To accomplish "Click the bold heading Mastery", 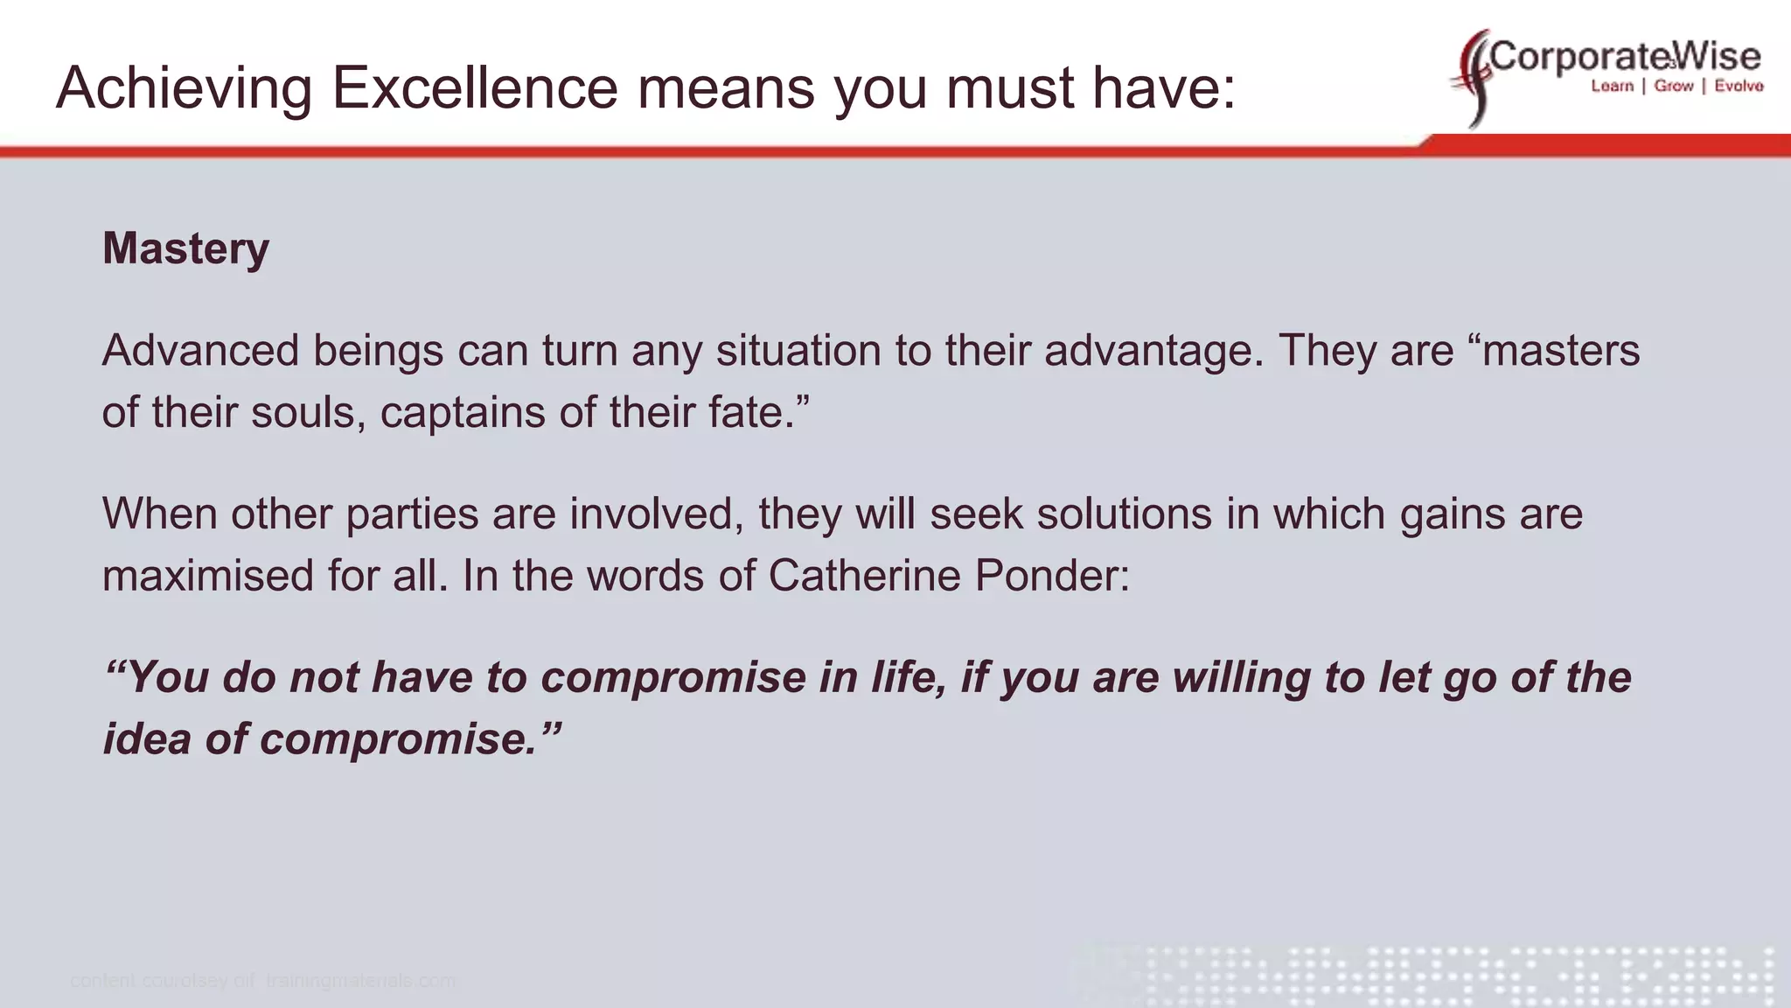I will click(x=185, y=248).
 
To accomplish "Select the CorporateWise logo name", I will click(x=1625, y=57).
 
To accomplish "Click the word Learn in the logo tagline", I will click(x=1612, y=86).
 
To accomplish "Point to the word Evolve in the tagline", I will click(x=1739, y=86).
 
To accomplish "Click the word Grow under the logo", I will click(x=1674, y=86).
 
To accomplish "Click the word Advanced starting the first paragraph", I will click(x=200, y=351).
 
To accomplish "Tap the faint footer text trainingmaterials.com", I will click(x=360, y=981).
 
